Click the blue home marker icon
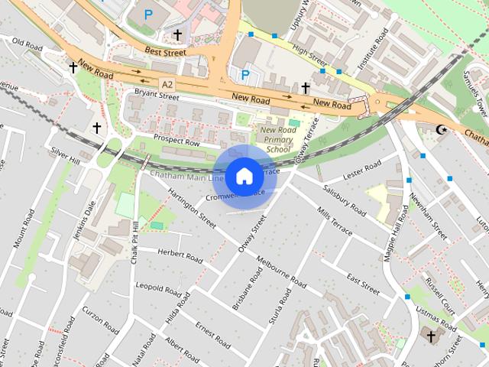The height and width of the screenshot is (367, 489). click(244, 177)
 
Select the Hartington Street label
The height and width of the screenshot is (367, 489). click(192, 207)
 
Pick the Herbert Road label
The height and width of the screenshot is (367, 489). click(179, 256)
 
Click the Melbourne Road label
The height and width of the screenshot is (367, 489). click(281, 272)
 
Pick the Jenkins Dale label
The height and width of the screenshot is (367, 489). click(89, 218)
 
